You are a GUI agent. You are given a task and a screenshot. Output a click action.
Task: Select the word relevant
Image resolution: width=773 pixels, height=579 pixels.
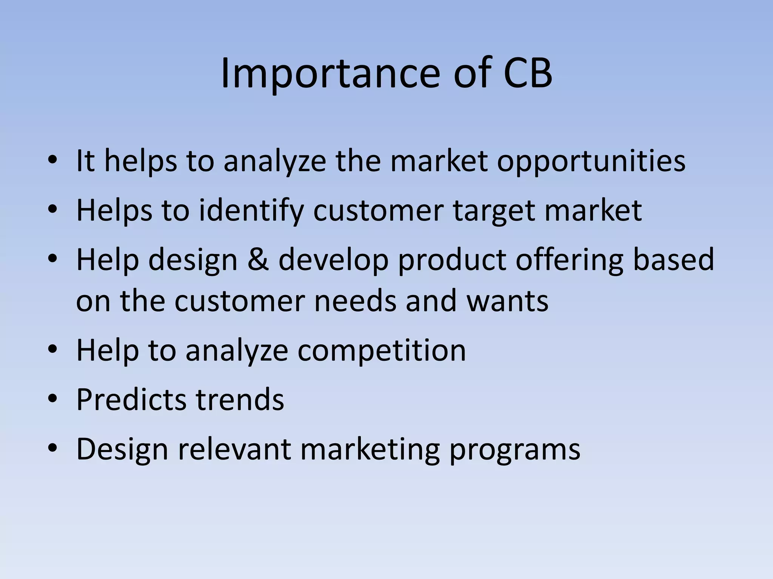click(234, 449)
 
